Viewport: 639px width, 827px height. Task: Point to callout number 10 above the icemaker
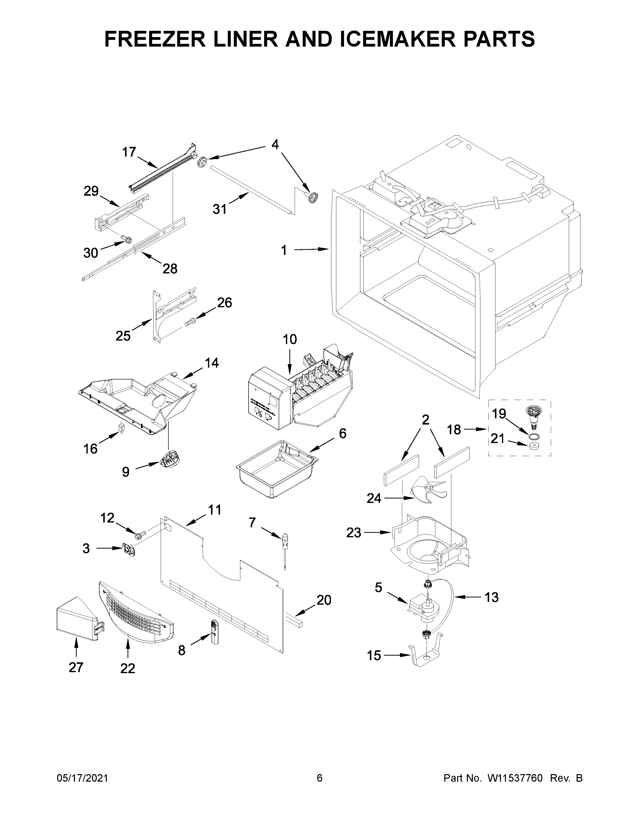tap(290, 339)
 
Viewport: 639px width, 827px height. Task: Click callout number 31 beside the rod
tap(220, 209)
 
